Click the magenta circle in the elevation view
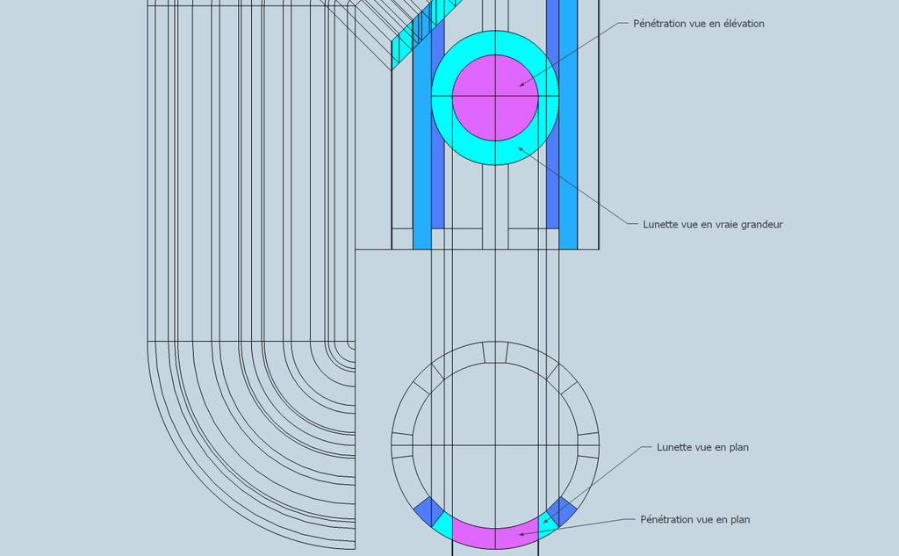pyautogui.click(x=495, y=98)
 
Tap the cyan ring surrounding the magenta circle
pyautogui.click(x=495, y=154)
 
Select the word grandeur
pyautogui.click(x=761, y=224)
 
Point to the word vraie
pyautogui.click(x=725, y=224)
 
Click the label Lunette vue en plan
pyautogui.click(x=702, y=447)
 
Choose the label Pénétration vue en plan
pyautogui.click(x=695, y=519)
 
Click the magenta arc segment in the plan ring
pyautogui.click(x=495, y=538)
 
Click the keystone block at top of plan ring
pyautogui.click(x=495, y=352)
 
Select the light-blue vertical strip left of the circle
pyautogui.click(x=422, y=143)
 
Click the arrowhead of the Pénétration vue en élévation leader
pyautogui.click(x=521, y=85)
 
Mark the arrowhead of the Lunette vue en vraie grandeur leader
pyautogui.click(x=521, y=148)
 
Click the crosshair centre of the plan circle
pyautogui.click(x=495, y=445)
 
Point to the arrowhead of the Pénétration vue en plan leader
pyautogui.click(x=521, y=535)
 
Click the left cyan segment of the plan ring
pyautogui.click(x=442, y=526)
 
